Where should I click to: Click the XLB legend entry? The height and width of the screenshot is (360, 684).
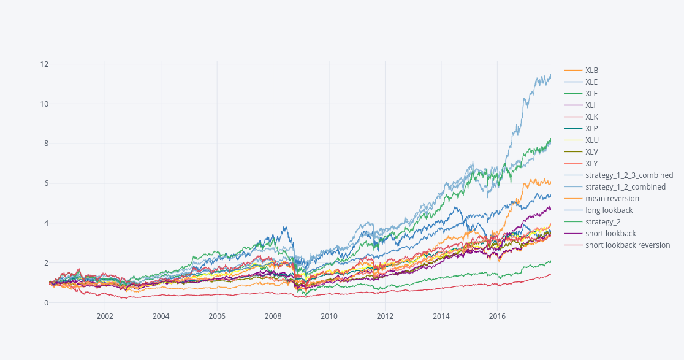591,71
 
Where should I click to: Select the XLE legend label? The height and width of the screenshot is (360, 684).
591,82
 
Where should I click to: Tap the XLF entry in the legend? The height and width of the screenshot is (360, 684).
591,94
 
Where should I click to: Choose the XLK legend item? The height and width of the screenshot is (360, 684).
591,117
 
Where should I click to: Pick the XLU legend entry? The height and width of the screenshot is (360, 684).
591,140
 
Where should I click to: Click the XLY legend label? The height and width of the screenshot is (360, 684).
591,164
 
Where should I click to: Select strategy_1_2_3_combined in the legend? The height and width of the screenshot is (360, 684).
629,175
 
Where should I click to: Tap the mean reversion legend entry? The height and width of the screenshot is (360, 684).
612,199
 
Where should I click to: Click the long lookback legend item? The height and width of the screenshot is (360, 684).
609,210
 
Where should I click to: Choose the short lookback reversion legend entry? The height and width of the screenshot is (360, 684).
627,245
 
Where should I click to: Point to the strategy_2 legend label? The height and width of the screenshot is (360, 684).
602,222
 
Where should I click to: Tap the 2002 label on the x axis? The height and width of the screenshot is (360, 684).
105,316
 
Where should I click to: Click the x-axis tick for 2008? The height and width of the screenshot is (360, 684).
273,316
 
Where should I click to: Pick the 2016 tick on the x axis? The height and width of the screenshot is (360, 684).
497,316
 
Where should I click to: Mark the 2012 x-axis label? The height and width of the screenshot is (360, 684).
385,316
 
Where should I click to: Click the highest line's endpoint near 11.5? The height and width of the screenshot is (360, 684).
550,75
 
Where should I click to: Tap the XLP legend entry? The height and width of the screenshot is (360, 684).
591,129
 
